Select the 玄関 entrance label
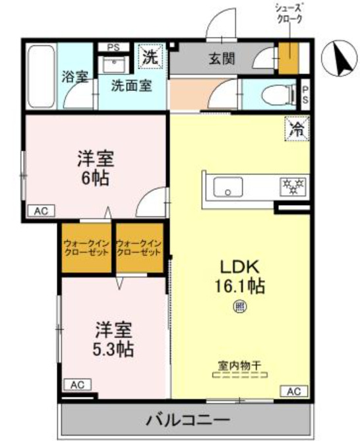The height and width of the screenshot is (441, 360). [x=222, y=59]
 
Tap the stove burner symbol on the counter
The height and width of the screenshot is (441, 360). [x=291, y=187]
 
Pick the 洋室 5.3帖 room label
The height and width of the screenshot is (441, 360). [x=113, y=338]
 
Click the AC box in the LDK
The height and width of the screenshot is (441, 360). [x=294, y=392]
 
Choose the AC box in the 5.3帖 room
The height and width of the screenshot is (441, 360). [x=77, y=384]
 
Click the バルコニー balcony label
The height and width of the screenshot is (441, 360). [x=187, y=419]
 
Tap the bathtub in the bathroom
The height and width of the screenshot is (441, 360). [x=42, y=76]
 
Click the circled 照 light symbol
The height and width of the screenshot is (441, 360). [x=240, y=305]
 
